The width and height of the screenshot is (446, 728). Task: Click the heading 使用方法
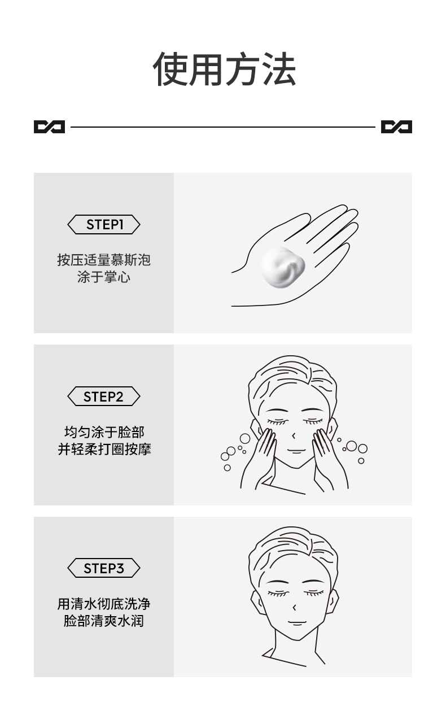[224, 69]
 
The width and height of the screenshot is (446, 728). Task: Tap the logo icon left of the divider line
[49, 127]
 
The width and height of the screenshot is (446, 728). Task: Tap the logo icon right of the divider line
[396, 127]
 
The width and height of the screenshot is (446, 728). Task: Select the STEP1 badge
[104, 225]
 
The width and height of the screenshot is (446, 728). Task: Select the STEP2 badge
[104, 396]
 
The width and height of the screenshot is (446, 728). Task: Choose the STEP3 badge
[104, 568]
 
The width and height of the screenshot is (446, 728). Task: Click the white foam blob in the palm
[282, 267]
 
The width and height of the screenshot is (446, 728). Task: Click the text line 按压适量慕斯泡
[104, 260]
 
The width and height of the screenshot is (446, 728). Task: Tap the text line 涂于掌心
[104, 277]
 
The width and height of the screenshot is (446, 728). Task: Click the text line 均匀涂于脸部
[104, 433]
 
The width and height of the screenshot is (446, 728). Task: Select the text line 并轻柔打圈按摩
[104, 450]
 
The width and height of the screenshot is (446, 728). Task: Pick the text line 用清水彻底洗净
[104, 604]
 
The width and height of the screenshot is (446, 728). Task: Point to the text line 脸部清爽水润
[104, 621]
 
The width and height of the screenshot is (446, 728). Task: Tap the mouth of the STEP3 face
[295, 623]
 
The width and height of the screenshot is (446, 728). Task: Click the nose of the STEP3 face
[295, 606]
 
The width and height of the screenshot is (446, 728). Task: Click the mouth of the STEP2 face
[295, 451]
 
